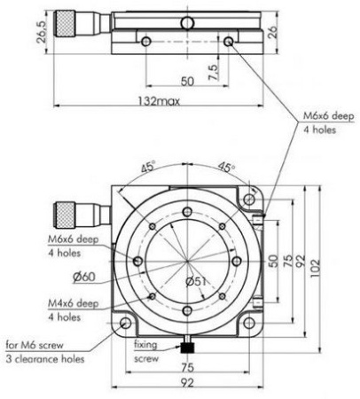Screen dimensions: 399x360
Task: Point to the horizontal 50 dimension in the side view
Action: pyautogui.click(x=185, y=81)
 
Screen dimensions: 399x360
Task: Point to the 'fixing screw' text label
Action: pyautogui.click(x=145, y=349)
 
